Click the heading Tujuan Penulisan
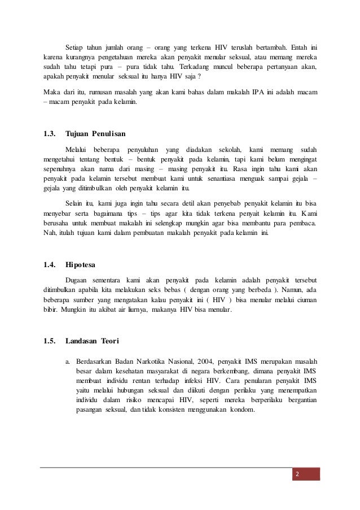(95, 134)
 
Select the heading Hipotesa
(81, 263)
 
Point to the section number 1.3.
(50, 134)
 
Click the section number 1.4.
(50, 263)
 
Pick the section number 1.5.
(50, 340)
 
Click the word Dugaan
(78, 280)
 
